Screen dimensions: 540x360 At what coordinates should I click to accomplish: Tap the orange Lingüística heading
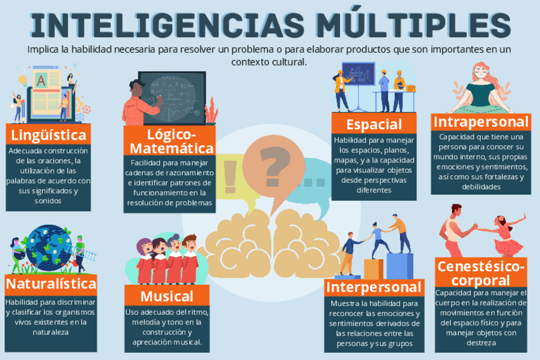(x=48, y=135)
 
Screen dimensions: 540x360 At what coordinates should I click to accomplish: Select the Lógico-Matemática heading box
(x=170, y=141)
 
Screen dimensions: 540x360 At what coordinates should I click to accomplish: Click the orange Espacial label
(x=374, y=124)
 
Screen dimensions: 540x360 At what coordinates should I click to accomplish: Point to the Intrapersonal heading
(x=480, y=122)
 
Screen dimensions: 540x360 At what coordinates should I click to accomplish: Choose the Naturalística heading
(x=51, y=284)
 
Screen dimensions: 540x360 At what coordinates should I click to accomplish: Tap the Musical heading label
(x=166, y=296)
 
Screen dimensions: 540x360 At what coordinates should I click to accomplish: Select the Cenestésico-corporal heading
(x=481, y=273)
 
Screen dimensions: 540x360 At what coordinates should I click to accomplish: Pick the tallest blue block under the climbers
(x=399, y=264)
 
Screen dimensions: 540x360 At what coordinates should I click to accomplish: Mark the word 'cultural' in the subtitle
(x=289, y=62)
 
